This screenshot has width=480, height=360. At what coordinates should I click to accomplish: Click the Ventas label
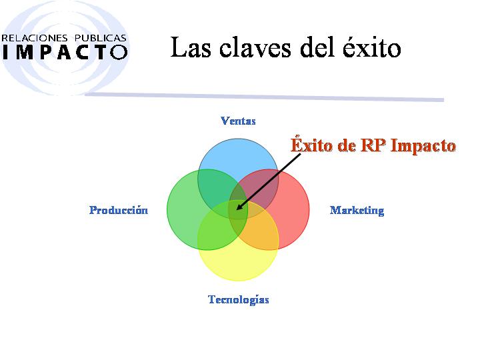(x=238, y=121)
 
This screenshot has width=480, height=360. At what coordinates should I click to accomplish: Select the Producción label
(x=119, y=210)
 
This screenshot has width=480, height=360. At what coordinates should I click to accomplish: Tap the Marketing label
(x=357, y=211)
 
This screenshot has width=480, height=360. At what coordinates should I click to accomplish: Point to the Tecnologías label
(x=239, y=299)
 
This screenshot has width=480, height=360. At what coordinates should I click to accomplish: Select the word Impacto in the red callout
(x=423, y=146)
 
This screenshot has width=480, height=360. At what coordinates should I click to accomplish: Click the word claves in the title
(x=255, y=47)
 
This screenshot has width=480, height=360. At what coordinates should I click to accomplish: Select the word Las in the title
(x=191, y=47)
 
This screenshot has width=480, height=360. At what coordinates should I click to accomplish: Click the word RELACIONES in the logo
(x=34, y=38)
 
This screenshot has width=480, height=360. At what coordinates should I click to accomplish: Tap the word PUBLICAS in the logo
(x=100, y=38)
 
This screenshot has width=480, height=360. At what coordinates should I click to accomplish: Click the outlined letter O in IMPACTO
(x=119, y=52)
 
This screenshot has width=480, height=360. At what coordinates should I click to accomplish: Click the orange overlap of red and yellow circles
(x=261, y=226)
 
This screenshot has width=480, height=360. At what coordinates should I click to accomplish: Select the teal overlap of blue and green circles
(x=214, y=187)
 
